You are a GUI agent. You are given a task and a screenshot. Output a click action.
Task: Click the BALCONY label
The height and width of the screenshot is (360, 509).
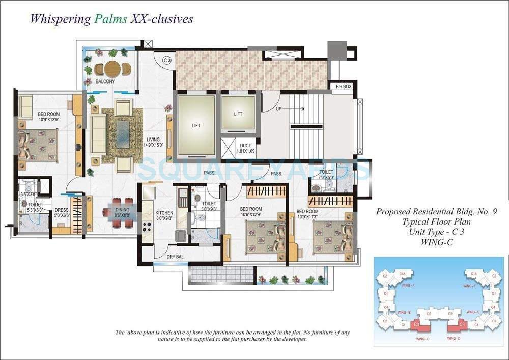[105, 81]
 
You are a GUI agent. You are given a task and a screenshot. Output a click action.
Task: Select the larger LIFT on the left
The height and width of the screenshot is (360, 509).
[196, 125]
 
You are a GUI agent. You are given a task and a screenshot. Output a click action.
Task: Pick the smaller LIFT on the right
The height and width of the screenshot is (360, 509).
[238, 114]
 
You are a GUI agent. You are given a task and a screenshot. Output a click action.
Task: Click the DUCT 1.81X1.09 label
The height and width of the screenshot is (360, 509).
[245, 149]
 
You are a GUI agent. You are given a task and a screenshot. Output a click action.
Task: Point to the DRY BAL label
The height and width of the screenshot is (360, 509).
[175, 257]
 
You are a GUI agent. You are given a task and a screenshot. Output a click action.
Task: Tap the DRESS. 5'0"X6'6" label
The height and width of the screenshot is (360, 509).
[62, 212]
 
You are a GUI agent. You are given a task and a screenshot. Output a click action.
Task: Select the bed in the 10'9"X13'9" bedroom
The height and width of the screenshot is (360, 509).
[38, 145]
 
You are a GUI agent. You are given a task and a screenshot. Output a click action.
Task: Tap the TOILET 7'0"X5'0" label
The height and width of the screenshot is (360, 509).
[326, 175]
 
